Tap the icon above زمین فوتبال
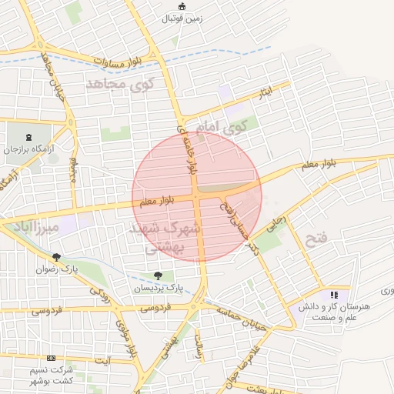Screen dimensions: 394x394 pyautogui.click(x=182, y=7)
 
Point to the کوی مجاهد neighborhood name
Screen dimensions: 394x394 pyautogui.click(x=119, y=82)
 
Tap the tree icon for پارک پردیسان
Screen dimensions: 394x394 pyautogui.click(x=158, y=275)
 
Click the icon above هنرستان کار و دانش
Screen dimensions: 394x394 pyautogui.click(x=334, y=294)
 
